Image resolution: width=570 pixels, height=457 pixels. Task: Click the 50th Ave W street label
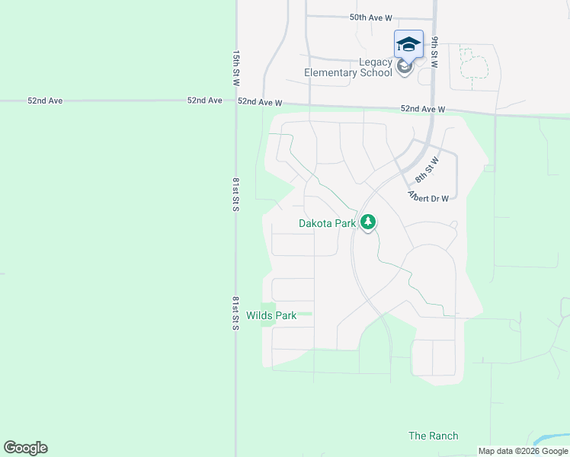tap(370, 17)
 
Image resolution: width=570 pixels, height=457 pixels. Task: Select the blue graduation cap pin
tap(408, 44)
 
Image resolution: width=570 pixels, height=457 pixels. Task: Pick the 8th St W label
tap(427, 168)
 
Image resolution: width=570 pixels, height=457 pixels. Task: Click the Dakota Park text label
tap(327, 224)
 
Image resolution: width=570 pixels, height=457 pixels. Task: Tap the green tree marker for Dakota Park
tap(369, 222)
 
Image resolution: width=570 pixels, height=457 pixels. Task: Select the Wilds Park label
tap(271, 315)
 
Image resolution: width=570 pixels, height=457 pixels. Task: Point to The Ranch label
tap(434, 436)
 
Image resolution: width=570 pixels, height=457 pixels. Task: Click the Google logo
tap(25, 448)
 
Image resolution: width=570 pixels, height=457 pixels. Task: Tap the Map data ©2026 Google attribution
tap(524, 451)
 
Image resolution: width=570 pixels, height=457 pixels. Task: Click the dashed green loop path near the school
tap(472, 64)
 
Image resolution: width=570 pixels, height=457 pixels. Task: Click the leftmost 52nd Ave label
tap(44, 101)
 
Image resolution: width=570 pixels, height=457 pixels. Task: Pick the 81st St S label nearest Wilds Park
tap(236, 313)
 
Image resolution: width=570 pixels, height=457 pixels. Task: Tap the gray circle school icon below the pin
tap(405, 66)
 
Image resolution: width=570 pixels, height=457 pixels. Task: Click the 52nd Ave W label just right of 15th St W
tap(260, 102)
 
